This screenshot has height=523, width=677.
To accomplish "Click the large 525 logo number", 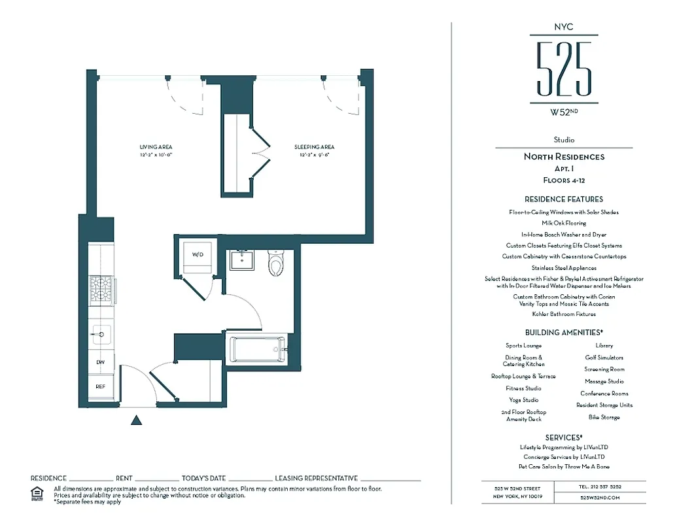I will (x=563, y=69).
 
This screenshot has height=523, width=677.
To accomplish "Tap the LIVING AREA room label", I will (x=156, y=147).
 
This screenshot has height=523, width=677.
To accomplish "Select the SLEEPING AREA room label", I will (x=314, y=147).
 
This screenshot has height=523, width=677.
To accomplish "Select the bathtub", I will (x=256, y=349).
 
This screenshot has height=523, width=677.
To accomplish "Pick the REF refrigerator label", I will (x=101, y=386).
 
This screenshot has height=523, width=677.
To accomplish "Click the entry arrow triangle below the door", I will (x=136, y=420).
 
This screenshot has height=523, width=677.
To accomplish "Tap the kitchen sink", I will (x=101, y=334).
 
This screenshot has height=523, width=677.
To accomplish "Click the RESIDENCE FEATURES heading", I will (x=563, y=199).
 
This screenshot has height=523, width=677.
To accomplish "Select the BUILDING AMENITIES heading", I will (x=563, y=332).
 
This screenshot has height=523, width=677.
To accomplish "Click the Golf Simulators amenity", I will (x=604, y=358).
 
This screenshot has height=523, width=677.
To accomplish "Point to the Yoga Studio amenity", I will (x=523, y=399).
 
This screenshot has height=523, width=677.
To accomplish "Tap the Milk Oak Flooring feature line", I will (x=563, y=223).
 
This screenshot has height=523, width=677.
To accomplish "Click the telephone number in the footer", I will (x=599, y=486).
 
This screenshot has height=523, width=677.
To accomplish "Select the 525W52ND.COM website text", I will (x=599, y=498).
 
